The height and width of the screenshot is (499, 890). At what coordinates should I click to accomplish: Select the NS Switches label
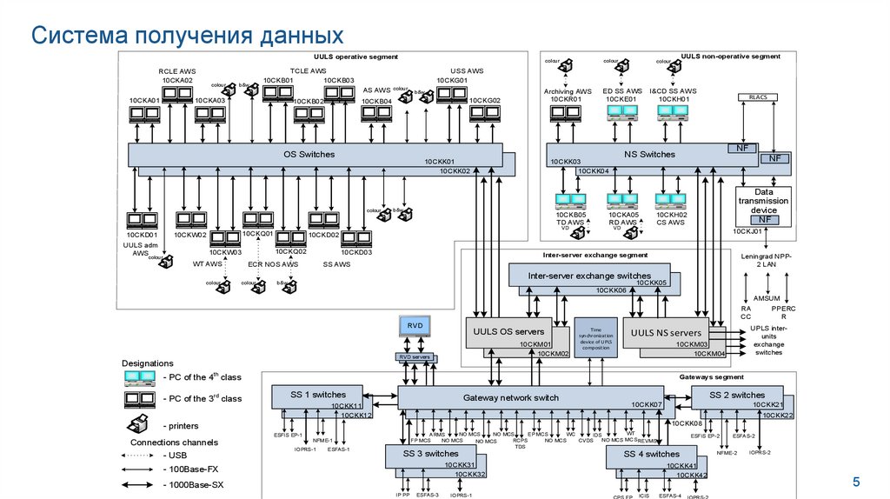click(649, 155)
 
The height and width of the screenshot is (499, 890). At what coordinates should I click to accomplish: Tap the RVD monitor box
click(415, 327)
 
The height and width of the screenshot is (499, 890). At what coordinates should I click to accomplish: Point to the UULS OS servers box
click(508, 333)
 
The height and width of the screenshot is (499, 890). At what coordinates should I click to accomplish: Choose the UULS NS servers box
click(666, 333)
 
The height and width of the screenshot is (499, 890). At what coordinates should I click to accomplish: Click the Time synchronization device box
click(595, 337)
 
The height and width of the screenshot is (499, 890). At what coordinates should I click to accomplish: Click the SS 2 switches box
click(736, 396)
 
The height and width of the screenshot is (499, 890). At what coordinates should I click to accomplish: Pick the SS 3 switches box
click(429, 455)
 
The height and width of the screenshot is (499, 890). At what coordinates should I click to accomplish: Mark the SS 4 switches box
click(650, 455)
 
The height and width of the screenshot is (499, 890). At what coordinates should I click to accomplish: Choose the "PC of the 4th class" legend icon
click(139, 377)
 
